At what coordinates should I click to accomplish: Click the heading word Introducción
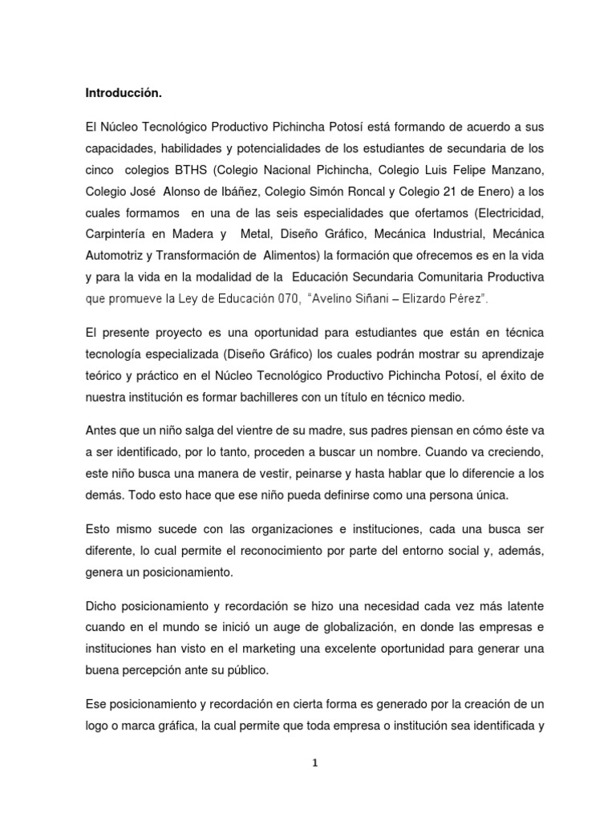tap(124, 94)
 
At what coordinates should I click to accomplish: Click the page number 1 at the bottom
tap(316, 763)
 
